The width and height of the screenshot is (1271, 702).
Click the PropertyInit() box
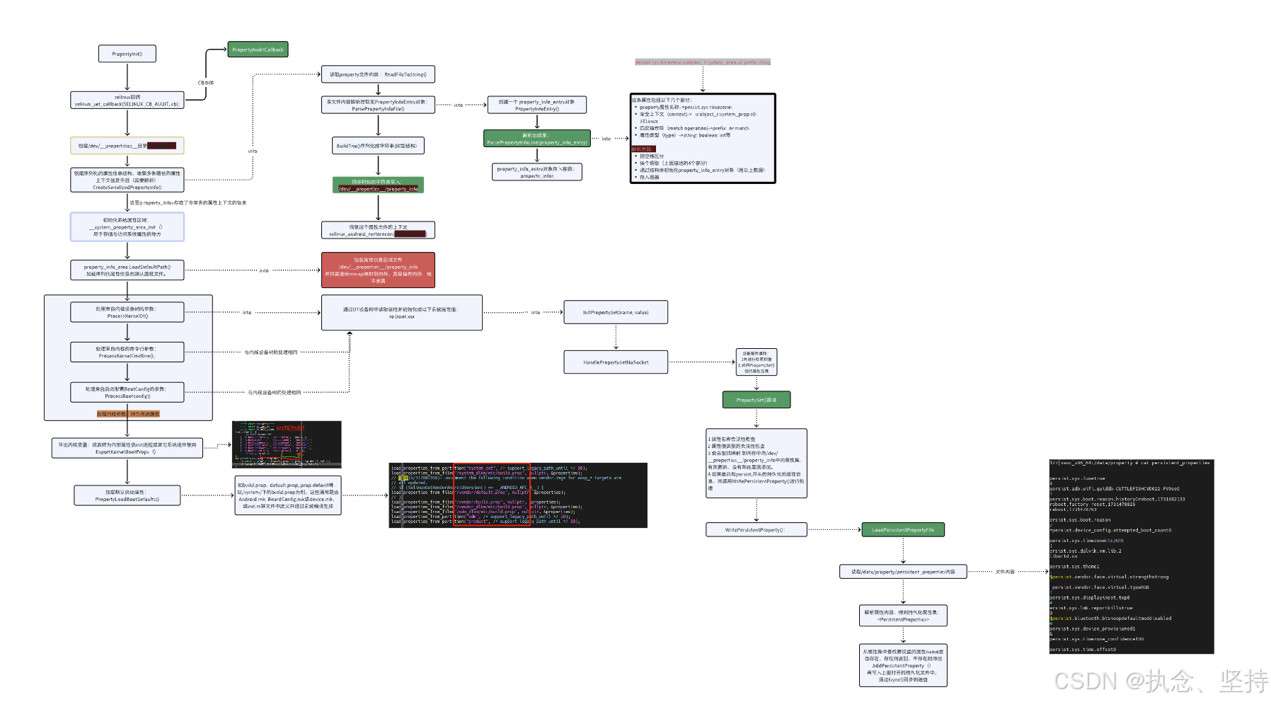click(x=127, y=54)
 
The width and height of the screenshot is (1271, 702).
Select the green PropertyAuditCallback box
click(x=258, y=50)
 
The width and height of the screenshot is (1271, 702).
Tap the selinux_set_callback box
click(x=127, y=100)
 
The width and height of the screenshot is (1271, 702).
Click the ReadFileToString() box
click(x=378, y=74)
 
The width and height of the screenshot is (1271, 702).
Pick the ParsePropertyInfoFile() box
click(x=378, y=105)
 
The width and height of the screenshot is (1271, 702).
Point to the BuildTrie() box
click(x=378, y=146)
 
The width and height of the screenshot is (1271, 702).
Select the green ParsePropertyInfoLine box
click(x=536, y=139)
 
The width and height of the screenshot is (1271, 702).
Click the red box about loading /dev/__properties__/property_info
click(x=378, y=270)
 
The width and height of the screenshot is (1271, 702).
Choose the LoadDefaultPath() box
click(x=127, y=270)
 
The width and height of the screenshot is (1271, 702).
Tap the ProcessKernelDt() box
click(x=127, y=312)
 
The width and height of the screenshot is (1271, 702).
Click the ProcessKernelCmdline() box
click(x=127, y=352)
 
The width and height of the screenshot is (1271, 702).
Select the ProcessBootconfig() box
click(x=127, y=392)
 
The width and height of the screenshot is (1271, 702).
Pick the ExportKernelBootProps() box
click(x=127, y=448)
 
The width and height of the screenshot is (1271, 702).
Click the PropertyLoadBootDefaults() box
click(x=127, y=495)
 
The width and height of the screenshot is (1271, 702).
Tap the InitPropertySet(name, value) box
click(x=615, y=312)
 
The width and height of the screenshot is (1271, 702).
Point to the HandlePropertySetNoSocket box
click(x=615, y=362)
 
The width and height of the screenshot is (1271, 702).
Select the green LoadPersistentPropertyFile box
click(x=902, y=530)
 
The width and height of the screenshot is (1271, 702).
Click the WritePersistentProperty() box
click(x=756, y=530)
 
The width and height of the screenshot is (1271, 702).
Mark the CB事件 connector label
click(x=206, y=83)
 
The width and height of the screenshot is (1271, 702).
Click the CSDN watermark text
click(x=1161, y=681)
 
